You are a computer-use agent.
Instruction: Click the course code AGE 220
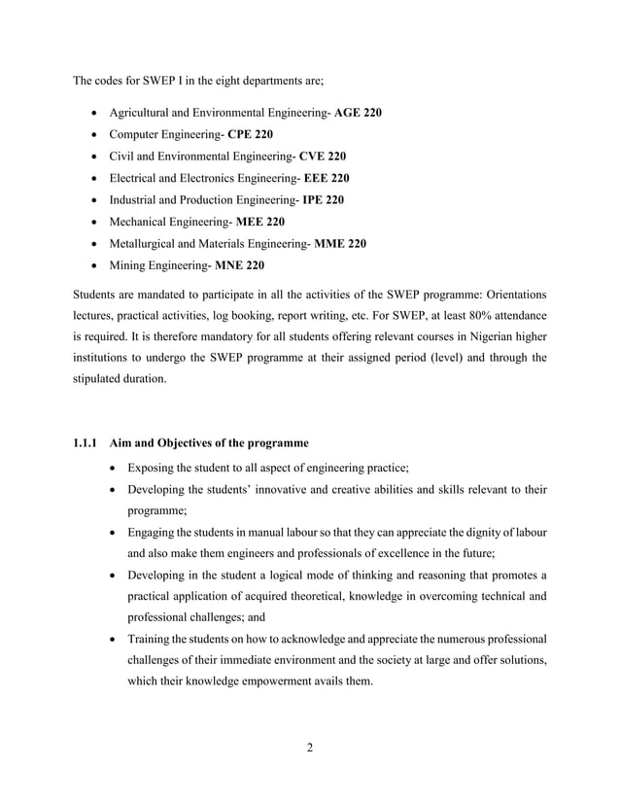tap(358, 113)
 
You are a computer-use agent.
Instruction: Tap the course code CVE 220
tap(323, 156)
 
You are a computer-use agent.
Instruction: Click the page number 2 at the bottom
tap(309, 748)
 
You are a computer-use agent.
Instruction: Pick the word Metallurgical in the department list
tap(146, 243)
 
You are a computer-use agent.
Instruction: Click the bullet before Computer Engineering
tap(95, 134)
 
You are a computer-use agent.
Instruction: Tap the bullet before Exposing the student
tap(117, 468)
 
